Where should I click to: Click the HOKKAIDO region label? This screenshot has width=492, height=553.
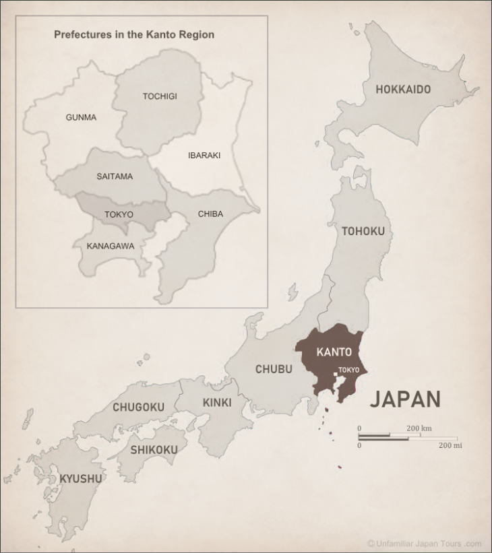pos(403,90)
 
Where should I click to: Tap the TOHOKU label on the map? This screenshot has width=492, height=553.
pos(363,232)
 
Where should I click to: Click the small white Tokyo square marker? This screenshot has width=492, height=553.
pos(336,375)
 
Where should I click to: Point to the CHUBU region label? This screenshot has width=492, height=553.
pos(274,369)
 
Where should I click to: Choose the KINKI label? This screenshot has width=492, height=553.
pos(217,403)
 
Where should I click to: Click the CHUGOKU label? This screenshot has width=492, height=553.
pos(138,408)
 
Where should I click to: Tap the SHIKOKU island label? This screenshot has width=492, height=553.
pos(154,450)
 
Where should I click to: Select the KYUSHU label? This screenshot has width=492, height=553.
pos(81,479)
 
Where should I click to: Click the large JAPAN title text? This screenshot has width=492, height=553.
pos(405,399)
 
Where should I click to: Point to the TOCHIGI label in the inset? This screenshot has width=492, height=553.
pos(160,96)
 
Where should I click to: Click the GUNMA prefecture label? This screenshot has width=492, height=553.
pos(81,117)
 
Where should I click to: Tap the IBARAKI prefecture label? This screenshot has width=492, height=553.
pos(204,155)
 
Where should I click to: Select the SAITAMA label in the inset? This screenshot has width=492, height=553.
pos(115,176)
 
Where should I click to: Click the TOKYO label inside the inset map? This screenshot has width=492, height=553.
pos(119,215)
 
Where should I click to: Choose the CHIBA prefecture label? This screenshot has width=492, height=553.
pos(210,214)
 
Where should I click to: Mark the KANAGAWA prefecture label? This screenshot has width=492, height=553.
pos(111,246)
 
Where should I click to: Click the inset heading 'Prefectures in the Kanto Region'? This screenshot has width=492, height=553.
pos(134,34)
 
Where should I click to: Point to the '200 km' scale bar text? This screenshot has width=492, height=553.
pos(419,428)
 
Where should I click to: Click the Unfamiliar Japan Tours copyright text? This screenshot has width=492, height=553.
pos(425,544)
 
